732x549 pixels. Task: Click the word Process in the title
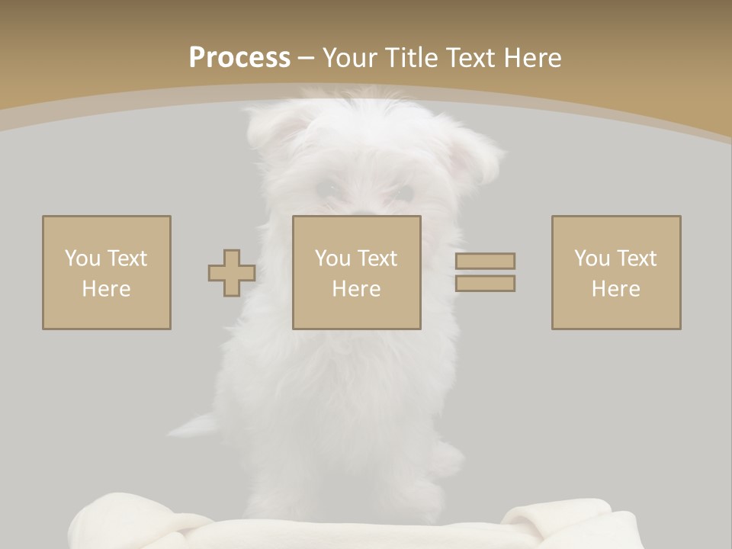[239, 58]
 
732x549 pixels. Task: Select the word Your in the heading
[349, 58]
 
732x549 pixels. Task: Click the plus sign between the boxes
[232, 273]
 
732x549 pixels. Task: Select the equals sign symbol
[485, 272]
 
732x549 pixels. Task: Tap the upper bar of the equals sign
[485, 261]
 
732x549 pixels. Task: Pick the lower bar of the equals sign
[485, 284]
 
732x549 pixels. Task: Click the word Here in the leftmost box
[107, 289]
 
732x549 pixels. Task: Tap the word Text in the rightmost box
[637, 258]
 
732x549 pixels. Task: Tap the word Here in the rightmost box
[616, 289]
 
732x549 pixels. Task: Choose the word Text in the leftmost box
[127, 258]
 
